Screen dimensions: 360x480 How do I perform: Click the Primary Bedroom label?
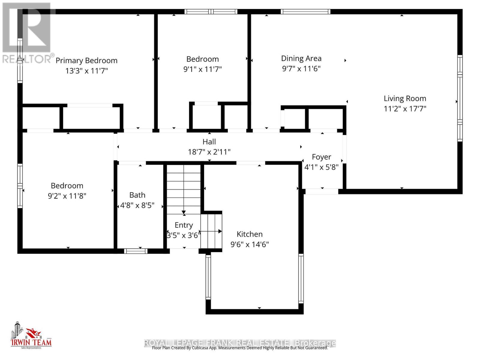(86, 61)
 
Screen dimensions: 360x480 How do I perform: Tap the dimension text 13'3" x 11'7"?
(86, 71)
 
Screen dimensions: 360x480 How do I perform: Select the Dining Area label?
(301, 58)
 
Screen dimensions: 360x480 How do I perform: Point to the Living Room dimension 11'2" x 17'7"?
(405, 109)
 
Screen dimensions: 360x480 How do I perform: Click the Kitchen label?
(250, 234)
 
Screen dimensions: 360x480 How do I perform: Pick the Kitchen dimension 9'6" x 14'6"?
(250, 244)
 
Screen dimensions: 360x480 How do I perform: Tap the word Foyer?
(322, 157)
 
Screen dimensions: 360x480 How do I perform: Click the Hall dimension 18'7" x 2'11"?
(209, 152)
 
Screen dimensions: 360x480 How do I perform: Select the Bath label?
(137, 195)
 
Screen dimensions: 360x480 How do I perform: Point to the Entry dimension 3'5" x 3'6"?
(184, 235)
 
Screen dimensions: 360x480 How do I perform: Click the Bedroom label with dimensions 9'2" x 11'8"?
(67, 186)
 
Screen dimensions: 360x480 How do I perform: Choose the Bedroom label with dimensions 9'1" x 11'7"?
(202, 59)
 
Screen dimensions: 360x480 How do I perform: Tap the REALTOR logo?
(27, 33)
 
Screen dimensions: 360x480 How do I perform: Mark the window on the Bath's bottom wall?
(136, 251)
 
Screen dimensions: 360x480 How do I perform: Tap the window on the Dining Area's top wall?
(305, 12)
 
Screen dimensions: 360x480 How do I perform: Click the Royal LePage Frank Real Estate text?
(240, 343)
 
